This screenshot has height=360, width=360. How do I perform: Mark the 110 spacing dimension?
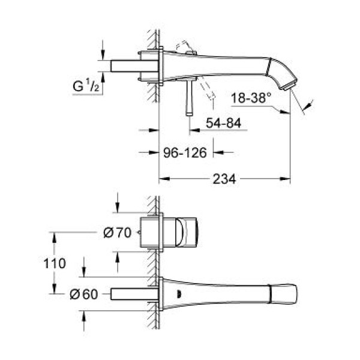coord(54,262)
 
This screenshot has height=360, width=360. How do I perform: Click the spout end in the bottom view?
coord(285,294)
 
